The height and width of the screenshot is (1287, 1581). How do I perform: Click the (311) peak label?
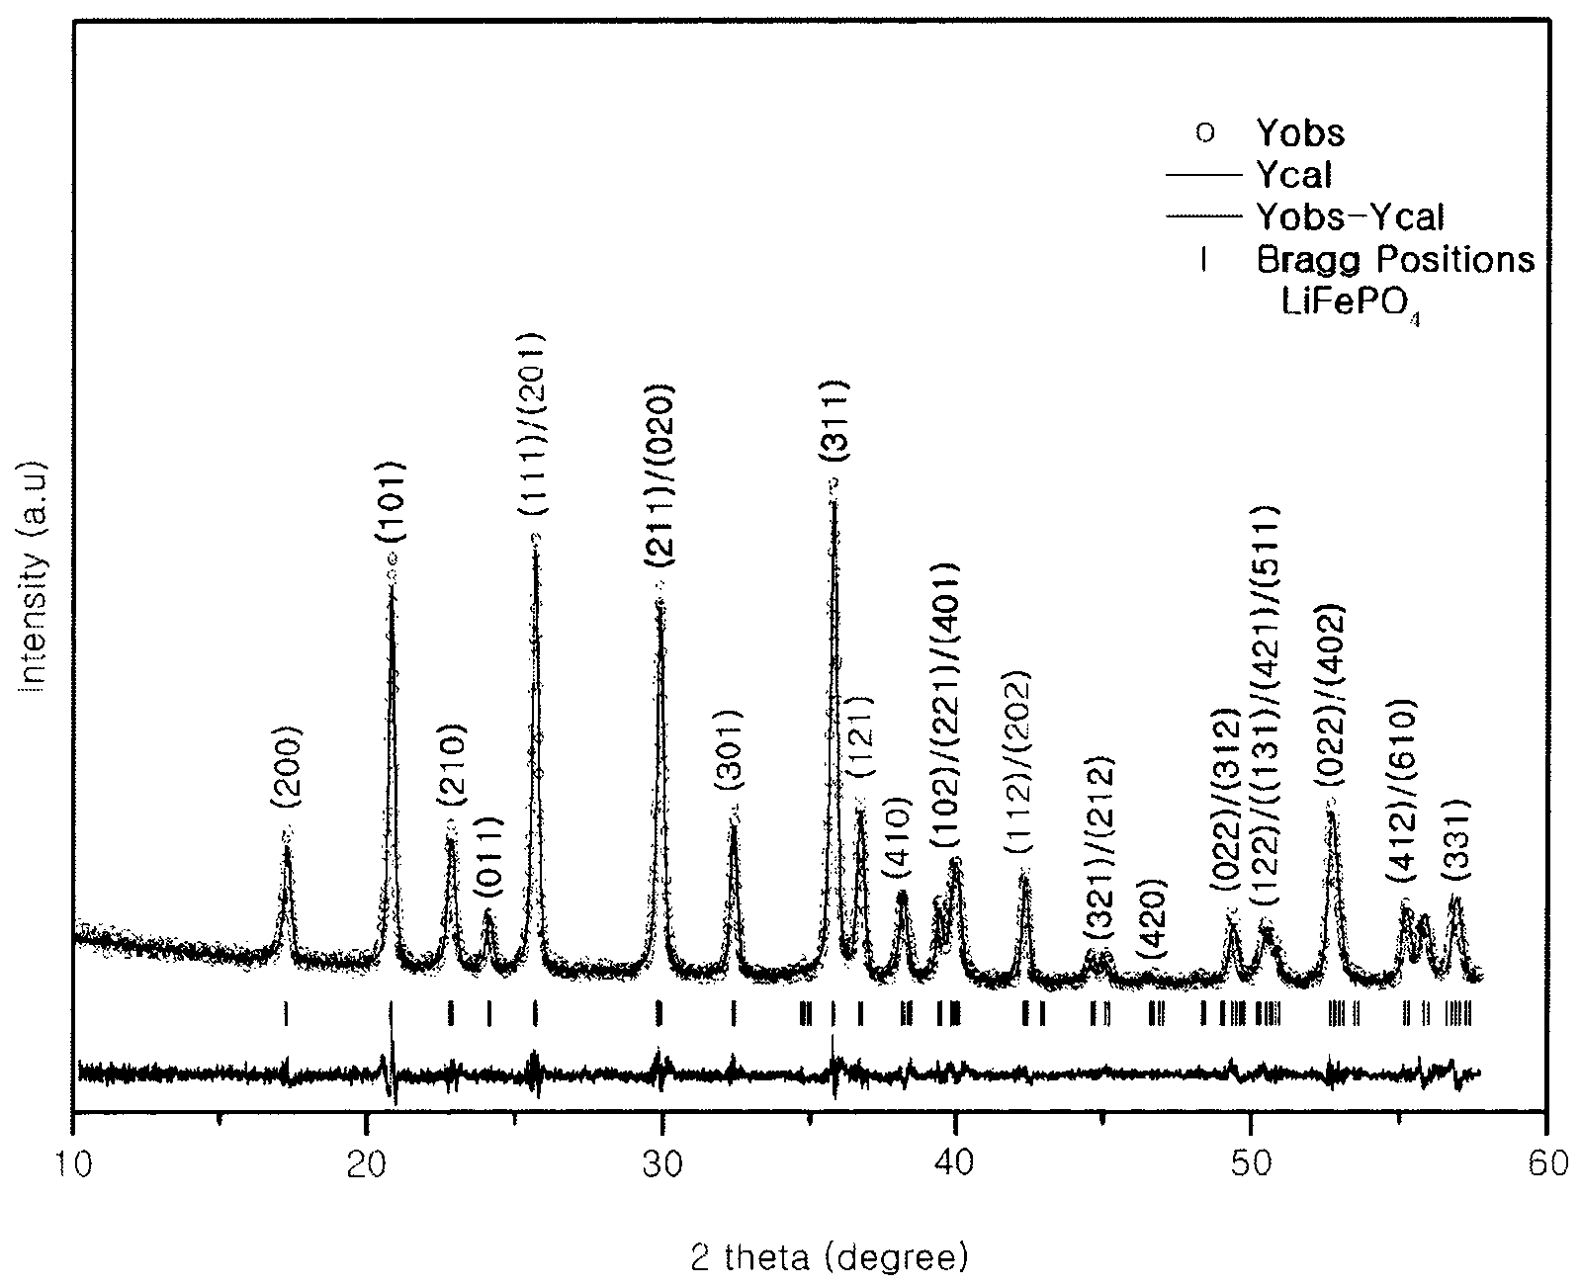pyautogui.click(x=835, y=422)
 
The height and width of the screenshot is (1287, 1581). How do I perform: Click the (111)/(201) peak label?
pyautogui.click(x=532, y=423)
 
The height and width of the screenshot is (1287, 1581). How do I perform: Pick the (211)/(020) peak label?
pyautogui.click(x=659, y=476)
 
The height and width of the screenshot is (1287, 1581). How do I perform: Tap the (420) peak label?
pyautogui.click(x=1152, y=920)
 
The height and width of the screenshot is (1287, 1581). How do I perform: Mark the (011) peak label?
pyautogui.click(x=489, y=857)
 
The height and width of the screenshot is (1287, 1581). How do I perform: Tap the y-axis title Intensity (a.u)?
pyautogui.click(x=33, y=576)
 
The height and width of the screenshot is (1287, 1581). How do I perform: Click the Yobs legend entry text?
pyautogui.click(x=1300, y=133)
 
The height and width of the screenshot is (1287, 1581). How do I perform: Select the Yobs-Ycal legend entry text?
pyautogui.click(x=1351, y=217)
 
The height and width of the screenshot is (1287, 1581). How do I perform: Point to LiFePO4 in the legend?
pyautogui.click(x=1351, y=304)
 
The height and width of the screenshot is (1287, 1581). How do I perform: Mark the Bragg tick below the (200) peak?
pyautogui.click(x=286, y=1013)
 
